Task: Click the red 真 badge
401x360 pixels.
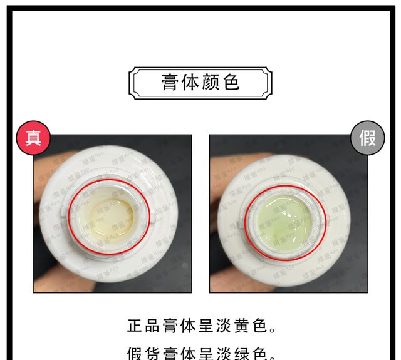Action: pos(33,138)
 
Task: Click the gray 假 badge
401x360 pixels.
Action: pos(368,138)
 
